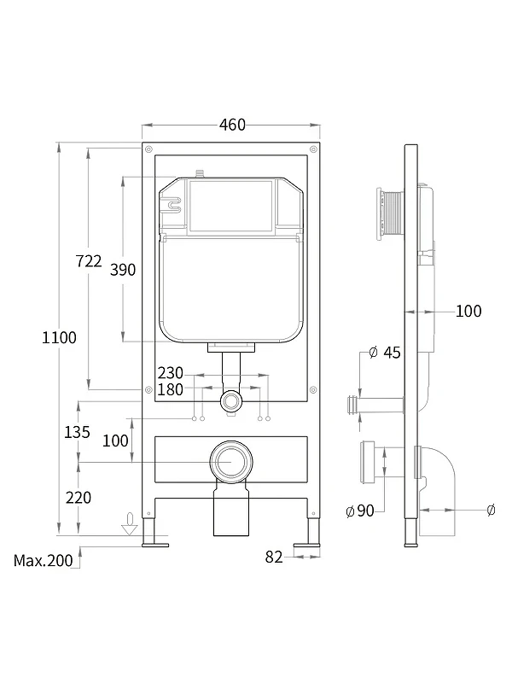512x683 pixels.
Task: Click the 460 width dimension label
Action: click(x=232, y=125)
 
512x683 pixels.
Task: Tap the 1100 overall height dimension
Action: click(x=59, y=337)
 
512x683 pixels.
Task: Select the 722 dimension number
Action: click(x=89, y=261)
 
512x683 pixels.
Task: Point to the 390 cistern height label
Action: click(x=123, y=270)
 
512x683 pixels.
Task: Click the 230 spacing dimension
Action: click(x=170, y=373)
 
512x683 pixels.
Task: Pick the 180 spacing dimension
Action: click(x=170, y=389)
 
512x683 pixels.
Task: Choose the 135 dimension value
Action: click(x=77, y=432)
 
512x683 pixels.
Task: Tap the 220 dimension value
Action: click(x=79, y=498)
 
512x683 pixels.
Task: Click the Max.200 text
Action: click(x=44, y=561)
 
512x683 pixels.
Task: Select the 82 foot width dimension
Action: click(x=274, y=557)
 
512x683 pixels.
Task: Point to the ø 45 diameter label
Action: click(x=385, y=353)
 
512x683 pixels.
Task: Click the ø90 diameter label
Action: click(x=360, y=511)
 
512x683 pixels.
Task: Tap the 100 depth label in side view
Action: click(x=468, y=311)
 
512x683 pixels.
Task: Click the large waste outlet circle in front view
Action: click(x=231, y=462)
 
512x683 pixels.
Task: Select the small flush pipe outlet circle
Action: click(x=230, y=400)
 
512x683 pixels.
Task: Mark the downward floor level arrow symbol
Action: click(x=130, y=524)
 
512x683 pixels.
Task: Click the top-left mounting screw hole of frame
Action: click(x=148, y=149)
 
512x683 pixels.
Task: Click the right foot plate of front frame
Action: click(x=307, y=545)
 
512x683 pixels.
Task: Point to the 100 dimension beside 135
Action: click(x=115, y=441)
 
